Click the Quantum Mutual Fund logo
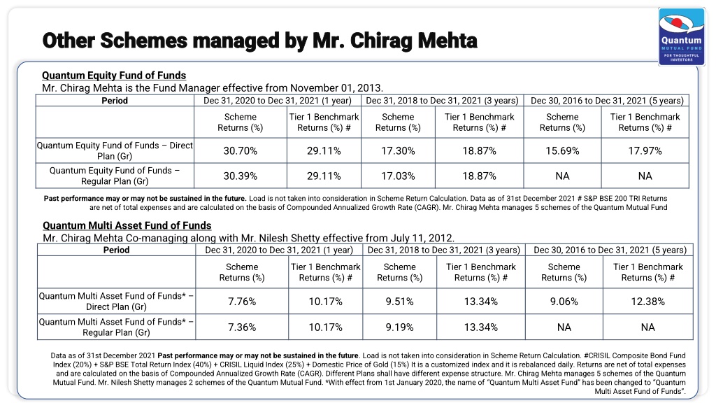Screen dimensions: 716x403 click(681, 36)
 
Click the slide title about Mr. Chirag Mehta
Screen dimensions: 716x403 click(259, 40)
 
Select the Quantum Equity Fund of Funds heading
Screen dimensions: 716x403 click(114, 76)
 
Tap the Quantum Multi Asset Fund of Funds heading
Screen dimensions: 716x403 click(127, 225)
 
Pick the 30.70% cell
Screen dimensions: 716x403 click(241, 151)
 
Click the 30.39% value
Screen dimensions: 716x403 click(241, 176)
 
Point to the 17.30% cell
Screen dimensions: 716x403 click(398, 151)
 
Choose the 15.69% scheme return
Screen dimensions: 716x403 click(563, 151)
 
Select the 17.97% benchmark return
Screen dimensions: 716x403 click(645, 151)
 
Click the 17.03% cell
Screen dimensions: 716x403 click(398, 176)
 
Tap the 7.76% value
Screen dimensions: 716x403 click(242, 302)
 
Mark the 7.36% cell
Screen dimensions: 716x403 click(242, 327)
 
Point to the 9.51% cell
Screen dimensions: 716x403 click(399, 302)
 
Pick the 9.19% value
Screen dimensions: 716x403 click(399, 327)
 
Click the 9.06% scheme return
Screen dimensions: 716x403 click(564, 302)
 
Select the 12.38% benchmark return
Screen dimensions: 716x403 click(648, 302)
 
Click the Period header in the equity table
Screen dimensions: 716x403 click(115, 101)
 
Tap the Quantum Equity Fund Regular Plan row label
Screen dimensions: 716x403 click(115, 176)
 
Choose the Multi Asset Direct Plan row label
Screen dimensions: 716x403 click(116, 302)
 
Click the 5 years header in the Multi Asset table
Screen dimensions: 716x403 click(610, 250)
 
